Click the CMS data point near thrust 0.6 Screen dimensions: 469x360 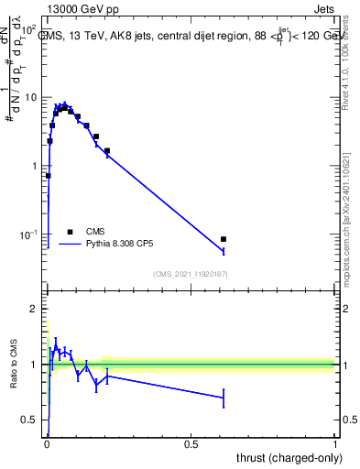tap(224, 239)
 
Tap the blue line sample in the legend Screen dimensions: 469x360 tap(71, 245)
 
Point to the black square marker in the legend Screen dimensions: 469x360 tap(71, 232)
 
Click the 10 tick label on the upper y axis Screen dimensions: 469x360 tap(29, 97)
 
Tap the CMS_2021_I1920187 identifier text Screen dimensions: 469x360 tap(191, 274)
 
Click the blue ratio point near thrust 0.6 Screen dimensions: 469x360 tap(224, 398)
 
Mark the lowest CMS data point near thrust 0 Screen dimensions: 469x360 tap(48, 175)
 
